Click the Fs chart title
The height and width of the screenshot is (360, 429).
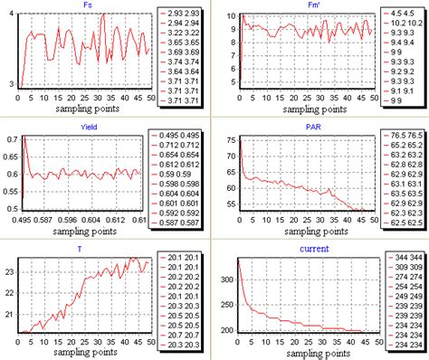[x=85, y=7]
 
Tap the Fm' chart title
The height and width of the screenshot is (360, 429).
[x=302, y=7]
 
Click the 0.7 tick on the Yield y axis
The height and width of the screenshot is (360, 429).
[x=8, y=140]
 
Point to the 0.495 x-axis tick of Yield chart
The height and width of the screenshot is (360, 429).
[x=24, y=221]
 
